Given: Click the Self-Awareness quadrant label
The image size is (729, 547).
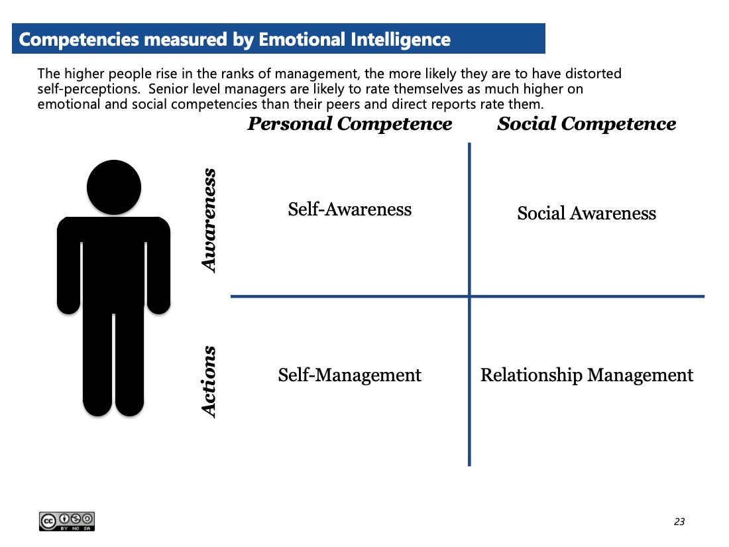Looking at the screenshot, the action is point(350,210).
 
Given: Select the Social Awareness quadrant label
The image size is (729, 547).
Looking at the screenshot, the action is point(587,213).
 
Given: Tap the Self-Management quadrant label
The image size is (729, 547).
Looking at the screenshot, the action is point(350,375).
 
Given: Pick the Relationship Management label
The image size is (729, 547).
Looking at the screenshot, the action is point(587,375).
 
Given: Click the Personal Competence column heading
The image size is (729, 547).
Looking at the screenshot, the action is point(350,124).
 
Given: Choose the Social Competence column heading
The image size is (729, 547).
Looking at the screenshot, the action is point(587,124).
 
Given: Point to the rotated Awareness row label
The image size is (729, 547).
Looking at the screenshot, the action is point(209,221).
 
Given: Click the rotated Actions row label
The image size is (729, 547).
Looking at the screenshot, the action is point(209,382).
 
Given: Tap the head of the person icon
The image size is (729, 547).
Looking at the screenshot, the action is point(114,188).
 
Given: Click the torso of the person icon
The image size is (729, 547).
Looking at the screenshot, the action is point(113,261).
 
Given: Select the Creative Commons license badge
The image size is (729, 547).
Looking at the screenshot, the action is point(67,521).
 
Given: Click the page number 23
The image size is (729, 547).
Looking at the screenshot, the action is point(679,521).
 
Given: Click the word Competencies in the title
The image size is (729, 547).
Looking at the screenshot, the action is point(79,40).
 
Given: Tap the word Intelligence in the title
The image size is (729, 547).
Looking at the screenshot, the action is point(401,40).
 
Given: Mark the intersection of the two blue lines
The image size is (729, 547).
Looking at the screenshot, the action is point(470,296).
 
